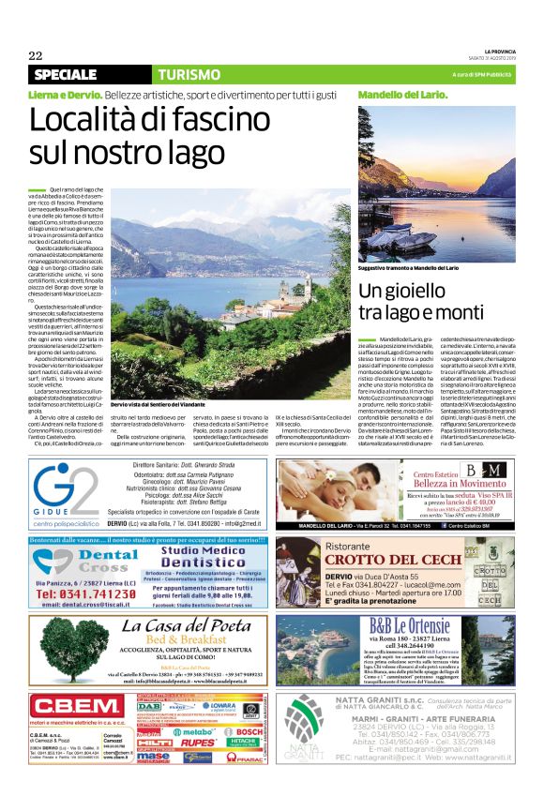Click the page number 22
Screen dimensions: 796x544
click(x=36, y=54)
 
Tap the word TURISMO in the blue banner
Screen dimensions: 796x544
click(x=189, y=74)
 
